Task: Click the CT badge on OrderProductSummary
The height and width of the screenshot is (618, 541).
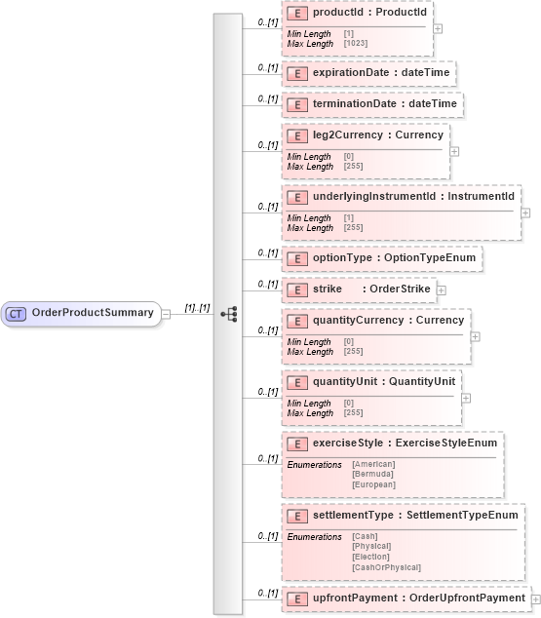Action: [17, 313]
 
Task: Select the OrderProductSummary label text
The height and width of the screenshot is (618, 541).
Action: [93, 313]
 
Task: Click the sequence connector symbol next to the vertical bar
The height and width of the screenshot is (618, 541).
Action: [230, 314]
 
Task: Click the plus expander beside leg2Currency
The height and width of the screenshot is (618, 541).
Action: [454, 151]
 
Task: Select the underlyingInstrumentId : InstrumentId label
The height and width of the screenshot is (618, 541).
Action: [413, 197]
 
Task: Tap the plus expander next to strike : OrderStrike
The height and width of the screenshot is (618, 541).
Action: [441, 290]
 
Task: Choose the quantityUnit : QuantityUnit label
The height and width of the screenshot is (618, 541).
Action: [384, 381]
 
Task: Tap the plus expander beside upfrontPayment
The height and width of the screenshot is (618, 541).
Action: [535, 598]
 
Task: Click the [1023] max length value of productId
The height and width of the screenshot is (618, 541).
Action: [352, 43]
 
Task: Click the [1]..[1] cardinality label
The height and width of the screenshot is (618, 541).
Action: [197, 307]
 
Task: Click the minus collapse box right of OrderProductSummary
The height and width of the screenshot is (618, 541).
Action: [166, 314]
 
